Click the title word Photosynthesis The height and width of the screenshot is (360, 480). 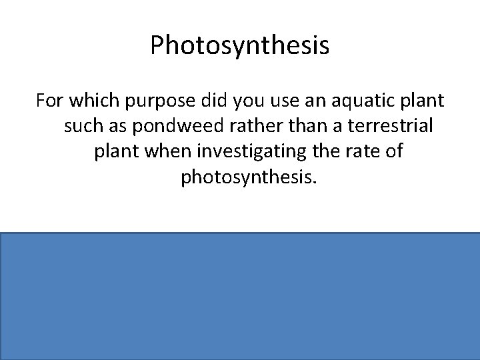[x=239, y=46]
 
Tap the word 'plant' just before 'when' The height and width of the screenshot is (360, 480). [x=113, y=153]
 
